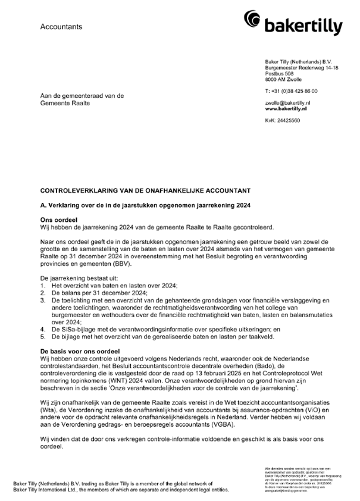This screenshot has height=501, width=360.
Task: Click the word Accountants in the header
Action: (x=62, y=27)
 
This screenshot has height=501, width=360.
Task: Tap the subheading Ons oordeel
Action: (x=57, y=220)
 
